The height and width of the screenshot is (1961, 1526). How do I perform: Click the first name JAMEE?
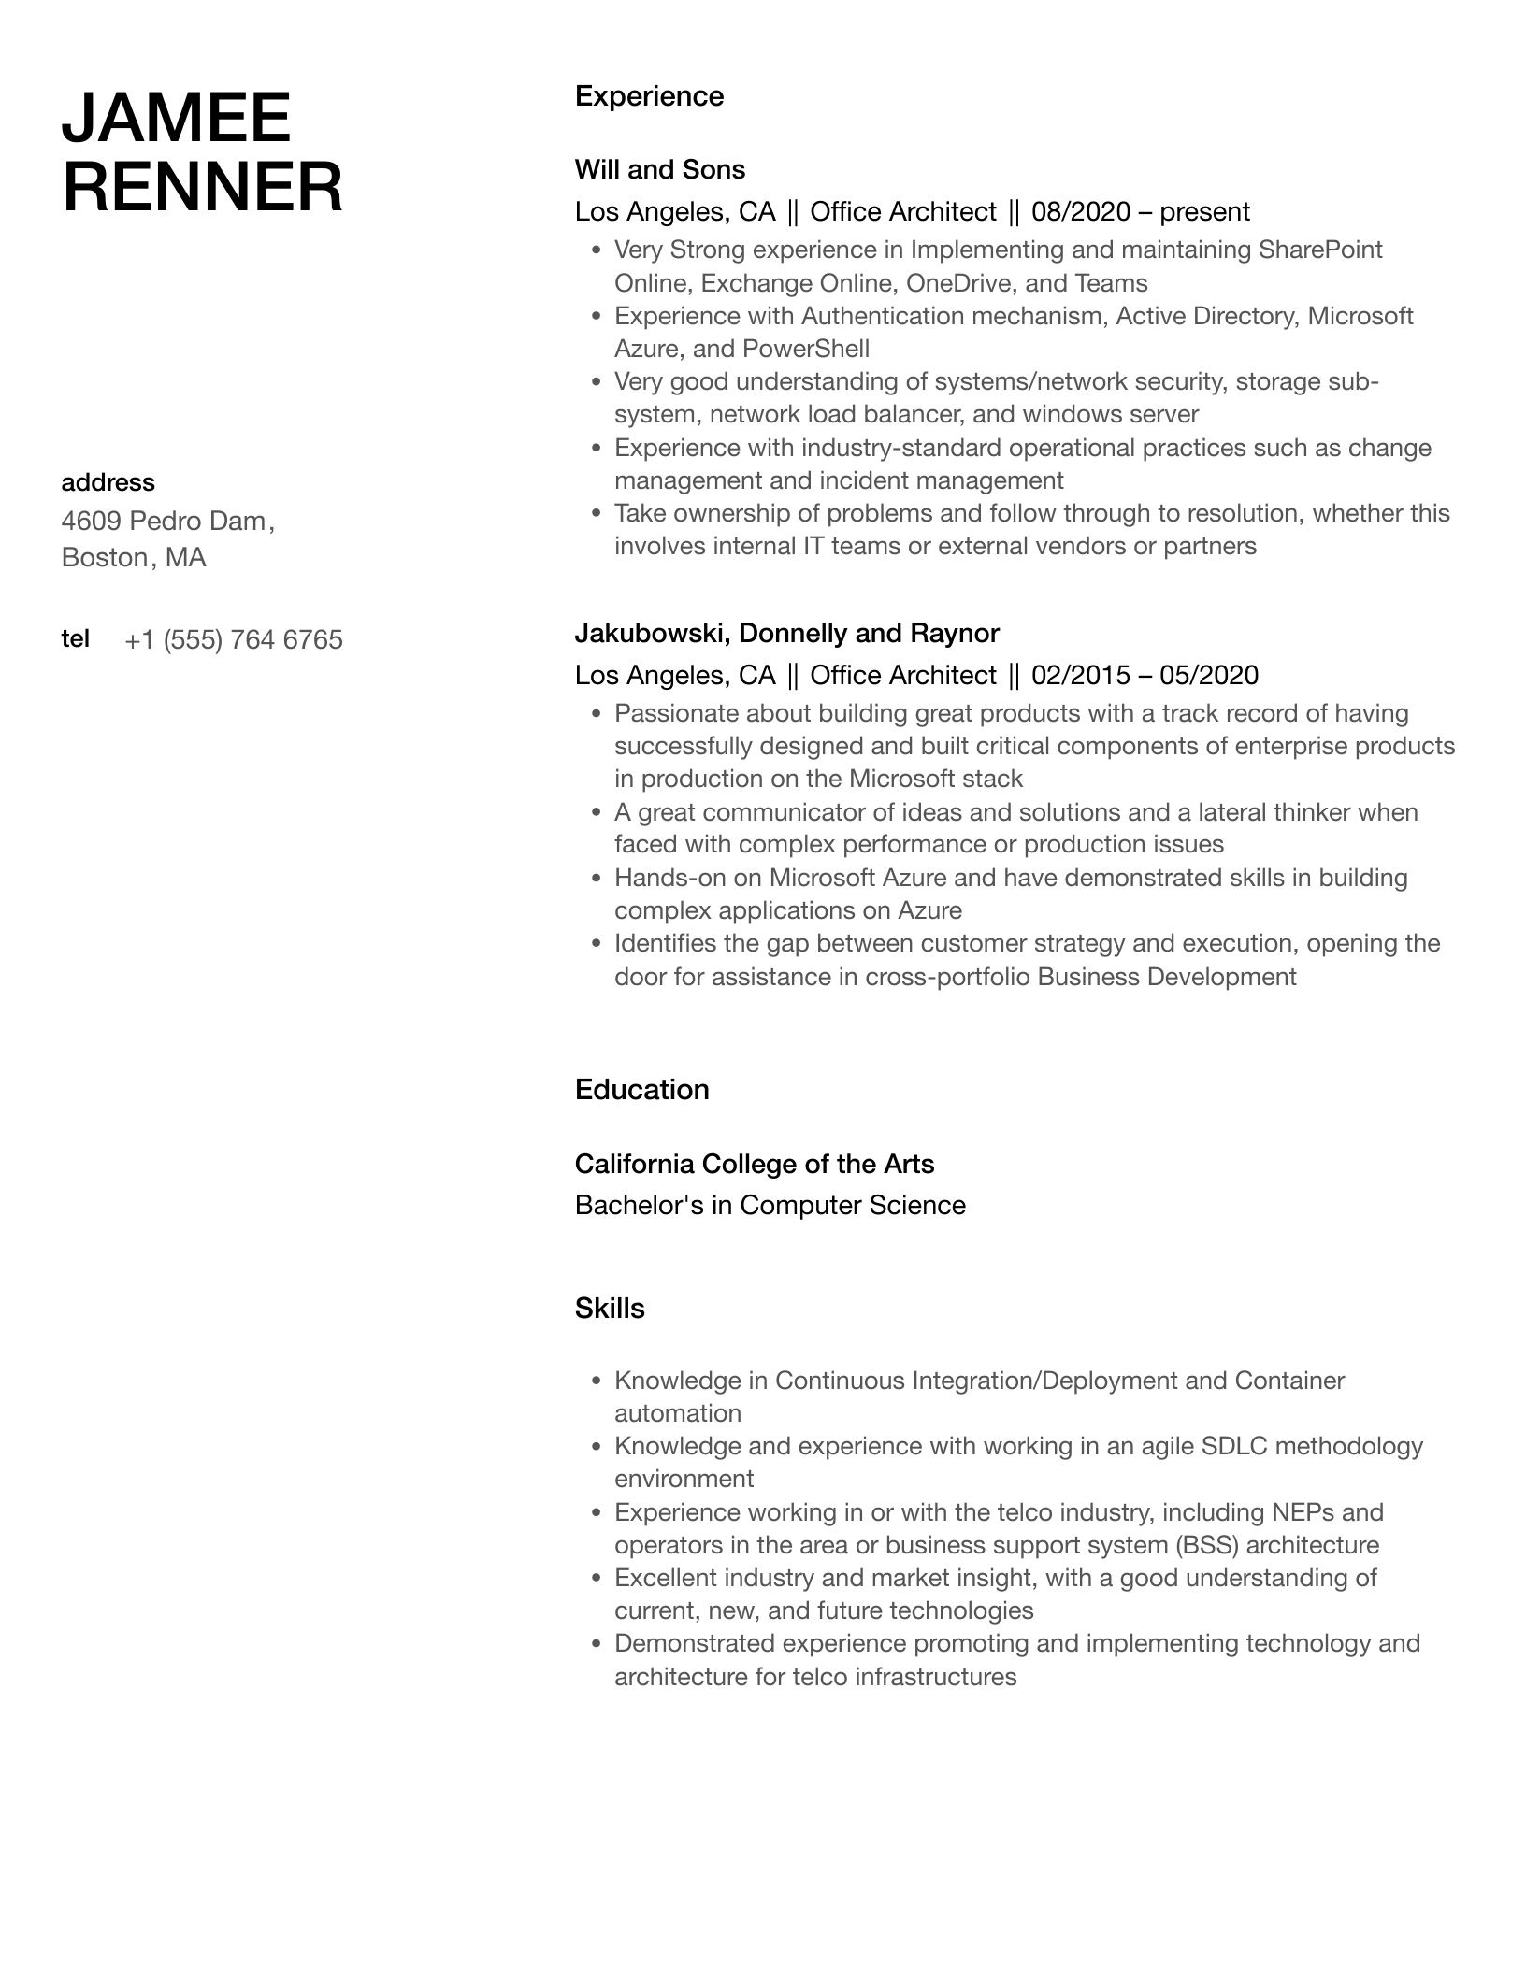tap(176, 119)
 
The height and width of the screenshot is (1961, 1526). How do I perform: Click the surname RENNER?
tap(202, 187)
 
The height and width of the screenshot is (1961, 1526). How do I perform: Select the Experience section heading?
tap(649, 96)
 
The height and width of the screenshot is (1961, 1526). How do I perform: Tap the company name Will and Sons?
tap(659, 169)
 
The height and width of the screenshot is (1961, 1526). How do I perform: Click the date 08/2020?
tap(1081, 212)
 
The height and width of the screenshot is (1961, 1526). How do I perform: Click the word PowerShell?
tap(806, 349)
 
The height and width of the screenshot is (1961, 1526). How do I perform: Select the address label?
tap(108, 482)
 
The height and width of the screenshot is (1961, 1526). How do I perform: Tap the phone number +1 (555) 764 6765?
tap(233, 640)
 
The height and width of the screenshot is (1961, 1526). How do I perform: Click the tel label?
tap(75, 638)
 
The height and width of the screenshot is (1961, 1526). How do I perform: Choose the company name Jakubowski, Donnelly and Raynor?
tap(786, 634)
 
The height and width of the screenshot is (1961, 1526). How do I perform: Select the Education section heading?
tap(641, 1090)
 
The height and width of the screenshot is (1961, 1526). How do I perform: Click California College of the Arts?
tap(754, 1164)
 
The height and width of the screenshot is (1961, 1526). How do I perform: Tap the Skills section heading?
tap(610, 1309)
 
